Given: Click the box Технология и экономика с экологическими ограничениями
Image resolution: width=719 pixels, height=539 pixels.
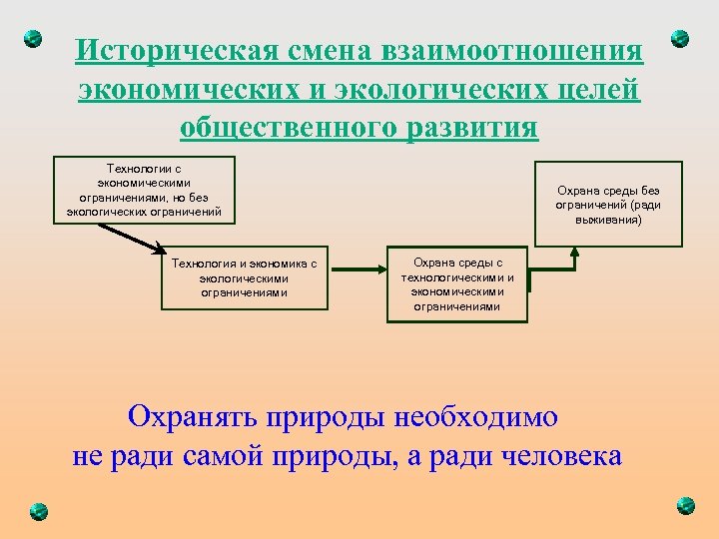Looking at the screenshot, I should click(245, 278).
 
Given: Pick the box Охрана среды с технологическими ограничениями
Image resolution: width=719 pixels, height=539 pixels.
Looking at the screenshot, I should click(457, 283).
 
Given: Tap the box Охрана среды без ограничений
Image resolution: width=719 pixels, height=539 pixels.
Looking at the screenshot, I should click(608, 204).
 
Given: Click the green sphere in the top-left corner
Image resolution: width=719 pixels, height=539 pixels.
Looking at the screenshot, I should click(33, 39).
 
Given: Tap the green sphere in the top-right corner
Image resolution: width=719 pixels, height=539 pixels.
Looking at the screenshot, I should click(680, 39).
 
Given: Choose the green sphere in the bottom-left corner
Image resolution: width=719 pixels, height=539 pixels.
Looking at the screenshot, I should click(37, 510).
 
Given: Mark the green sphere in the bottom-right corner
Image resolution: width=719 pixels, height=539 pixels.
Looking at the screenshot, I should click(685, 505).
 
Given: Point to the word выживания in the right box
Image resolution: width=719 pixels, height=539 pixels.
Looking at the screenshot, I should click(608, 219).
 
